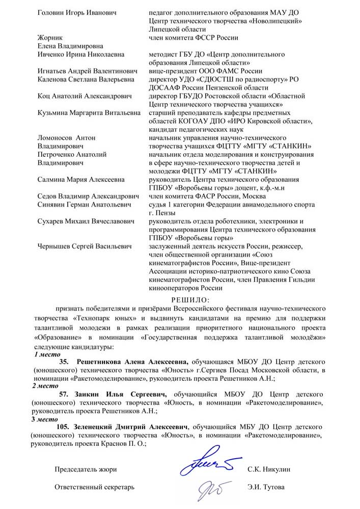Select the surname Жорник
coord(50,37)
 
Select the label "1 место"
coord(47,354)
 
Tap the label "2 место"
coord(45,386)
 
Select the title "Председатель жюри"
coord(86,469)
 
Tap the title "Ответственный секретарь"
coord(94,487)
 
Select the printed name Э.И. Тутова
coord(267,487)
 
